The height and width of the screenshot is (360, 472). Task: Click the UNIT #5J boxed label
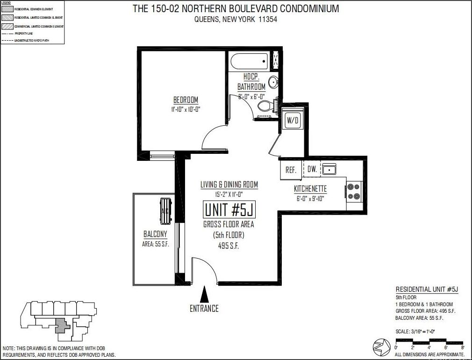tap(229, 210)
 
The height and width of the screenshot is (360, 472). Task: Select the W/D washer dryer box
tap(293, 120)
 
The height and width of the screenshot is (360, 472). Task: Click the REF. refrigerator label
tap(291, 170)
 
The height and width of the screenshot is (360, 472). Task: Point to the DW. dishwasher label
tap(312, 169)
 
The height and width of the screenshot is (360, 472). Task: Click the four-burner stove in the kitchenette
tap(354, 192)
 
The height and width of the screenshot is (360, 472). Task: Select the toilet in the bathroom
tap(265, 105)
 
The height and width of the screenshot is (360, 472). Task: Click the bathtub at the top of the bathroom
tap(249, 61)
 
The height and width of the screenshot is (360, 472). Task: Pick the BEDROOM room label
tap(186, 100)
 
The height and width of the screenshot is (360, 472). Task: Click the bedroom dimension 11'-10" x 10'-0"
tap(186, 109)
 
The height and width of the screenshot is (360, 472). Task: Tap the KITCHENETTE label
tap(310, 189)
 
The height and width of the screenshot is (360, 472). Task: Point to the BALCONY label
tap(155, 234)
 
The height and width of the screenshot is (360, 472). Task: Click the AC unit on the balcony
tap(165, 211)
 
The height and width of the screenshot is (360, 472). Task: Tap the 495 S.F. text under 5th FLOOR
tap(229, 246)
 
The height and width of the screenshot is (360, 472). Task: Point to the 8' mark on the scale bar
tap(462, 347)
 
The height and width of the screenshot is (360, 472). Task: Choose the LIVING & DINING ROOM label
tap(229, 185)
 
